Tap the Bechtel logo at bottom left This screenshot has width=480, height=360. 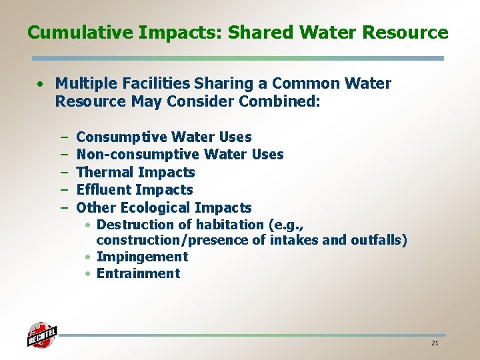(x=41, y=335)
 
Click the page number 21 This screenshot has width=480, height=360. (x=435, y=343)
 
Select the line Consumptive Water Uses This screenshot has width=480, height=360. (x=164, y=137)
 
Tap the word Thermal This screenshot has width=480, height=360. (x=105, y=172)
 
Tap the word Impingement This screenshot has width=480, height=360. (x=142, y=257)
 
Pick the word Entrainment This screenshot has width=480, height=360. (x=138, y=273)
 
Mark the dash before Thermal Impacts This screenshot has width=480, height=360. (x=65, y=172)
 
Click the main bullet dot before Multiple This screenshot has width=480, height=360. (x=41, y=84)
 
